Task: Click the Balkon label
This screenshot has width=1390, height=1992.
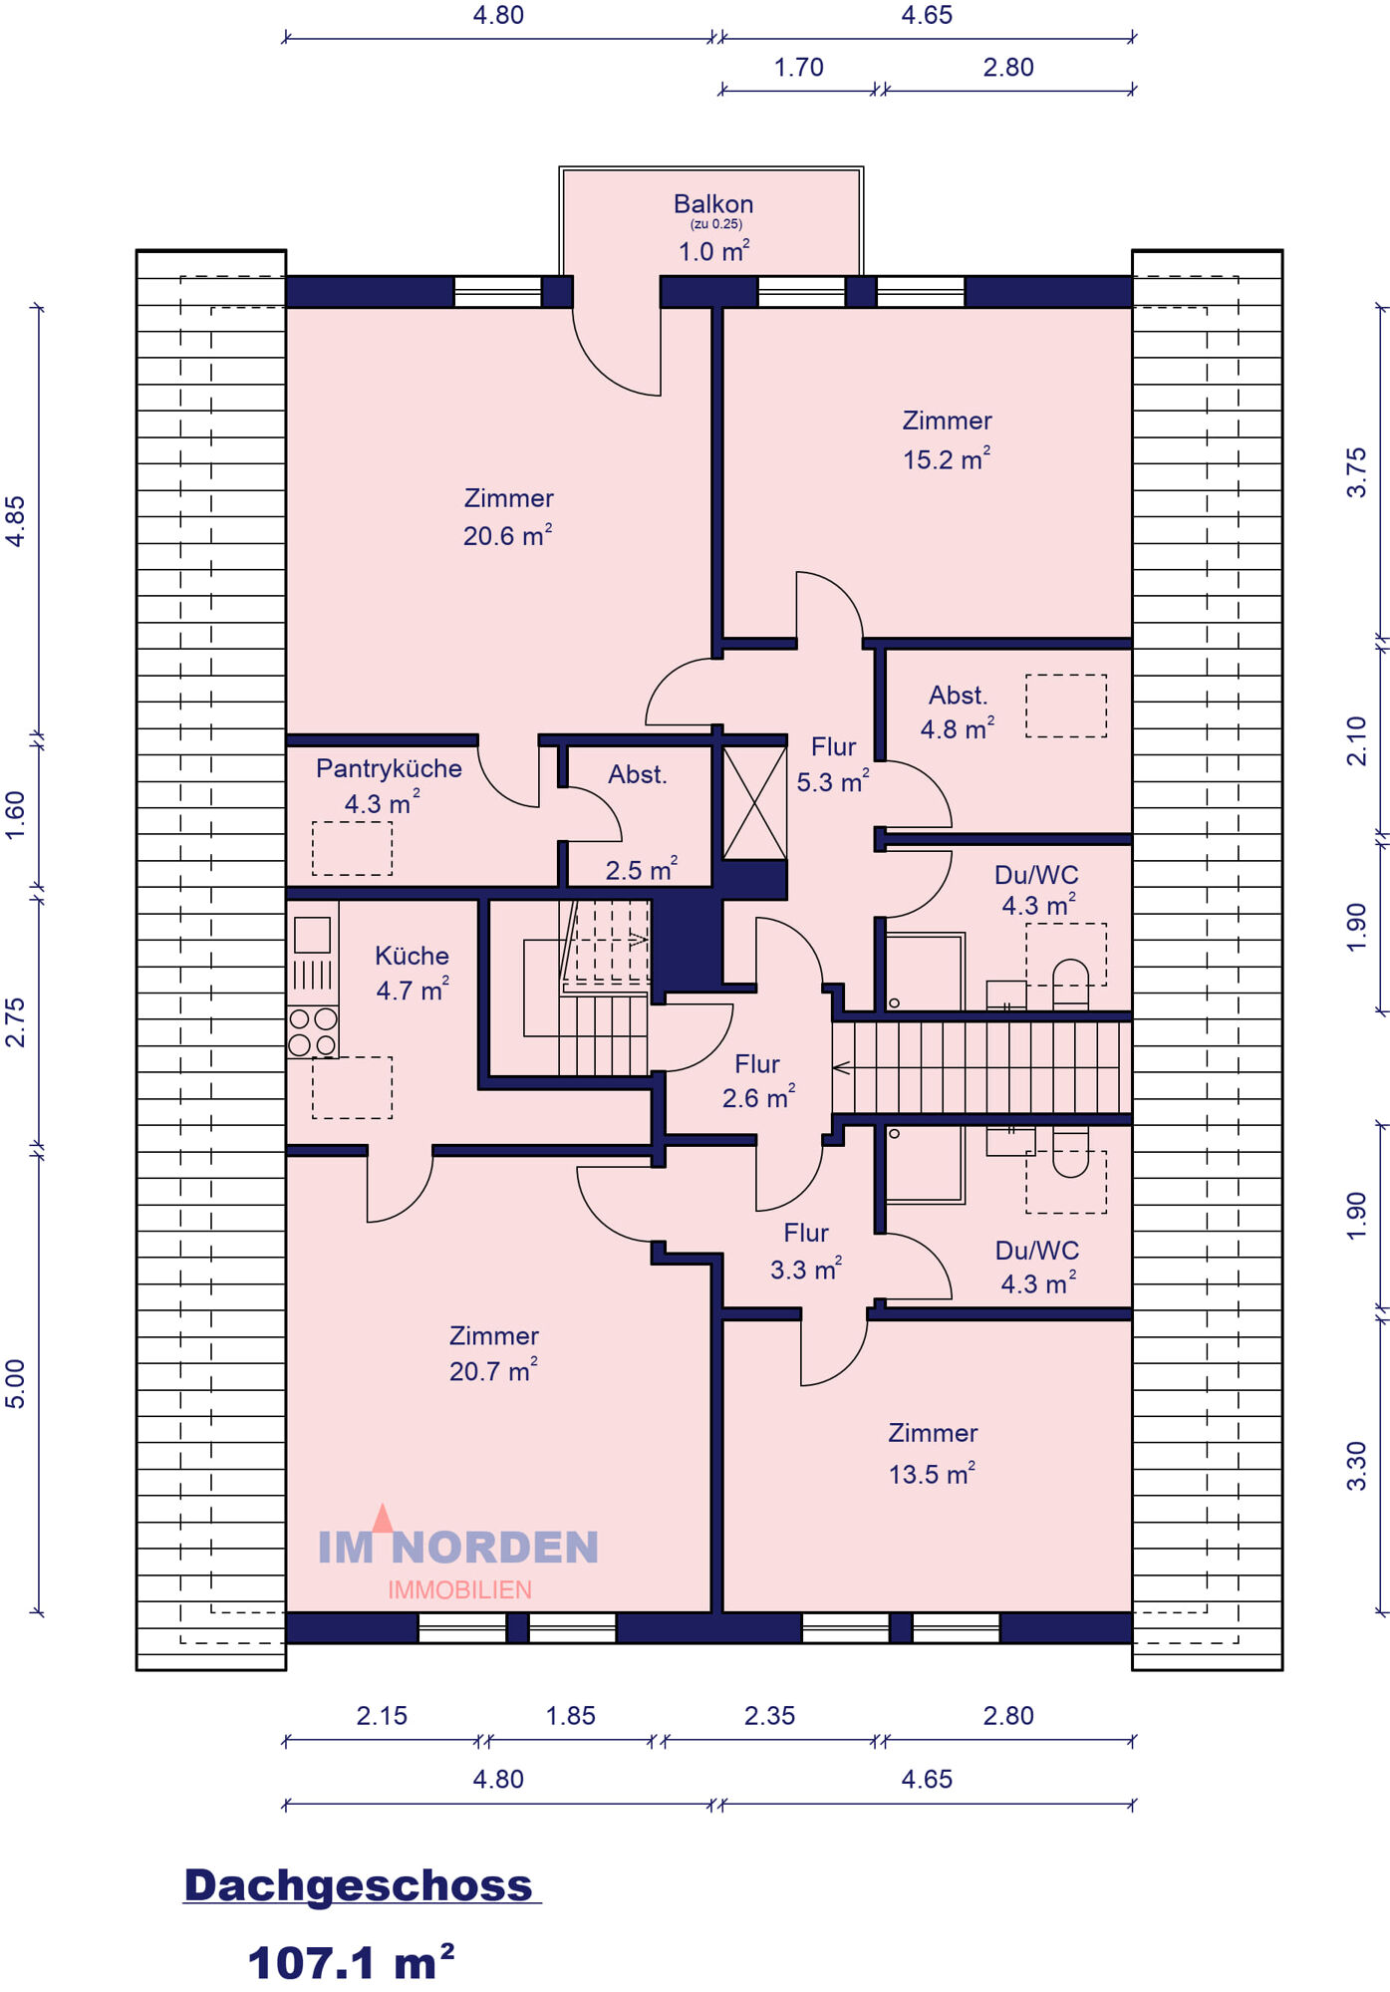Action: point(713,204)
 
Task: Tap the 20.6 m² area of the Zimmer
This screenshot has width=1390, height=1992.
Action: point(507,535)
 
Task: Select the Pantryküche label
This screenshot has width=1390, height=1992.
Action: point(389,768)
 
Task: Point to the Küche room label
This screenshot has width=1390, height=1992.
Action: point(412,956)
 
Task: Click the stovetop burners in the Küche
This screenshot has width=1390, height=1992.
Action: point(312,1032)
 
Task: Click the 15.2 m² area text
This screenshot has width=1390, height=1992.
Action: point(947,458)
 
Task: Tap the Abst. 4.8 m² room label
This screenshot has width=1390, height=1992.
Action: point(958,711)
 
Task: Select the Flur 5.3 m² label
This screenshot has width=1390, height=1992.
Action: point(833,764)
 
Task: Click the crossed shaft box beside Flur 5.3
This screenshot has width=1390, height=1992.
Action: point(754,803)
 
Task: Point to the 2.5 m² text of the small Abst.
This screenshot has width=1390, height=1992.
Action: point(642,869)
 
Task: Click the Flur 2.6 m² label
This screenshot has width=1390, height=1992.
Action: point(758,1081)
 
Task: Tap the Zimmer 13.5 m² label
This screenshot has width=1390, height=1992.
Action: point(933,1453)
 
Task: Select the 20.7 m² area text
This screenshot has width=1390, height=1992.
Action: point(493,1371)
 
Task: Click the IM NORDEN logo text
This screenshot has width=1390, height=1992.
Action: point(458,1548)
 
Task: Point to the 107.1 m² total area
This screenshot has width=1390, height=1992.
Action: point(351,1962)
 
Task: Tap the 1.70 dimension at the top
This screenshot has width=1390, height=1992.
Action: point(799,68)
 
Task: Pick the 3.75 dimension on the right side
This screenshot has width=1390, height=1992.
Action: point(1356,472)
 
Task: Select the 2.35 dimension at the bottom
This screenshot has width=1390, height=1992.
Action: point(770,1716)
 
